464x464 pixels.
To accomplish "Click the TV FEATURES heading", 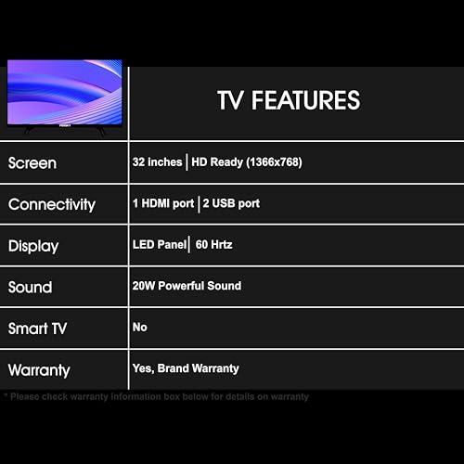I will point(289,100).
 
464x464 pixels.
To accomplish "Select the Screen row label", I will point(32,163).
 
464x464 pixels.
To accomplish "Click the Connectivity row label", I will point(52,204).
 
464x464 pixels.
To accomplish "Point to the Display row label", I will point(33,246).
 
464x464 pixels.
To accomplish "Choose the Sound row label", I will point(30,288).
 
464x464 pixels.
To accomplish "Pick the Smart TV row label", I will point(37,329).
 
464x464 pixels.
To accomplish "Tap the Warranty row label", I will point(39,370).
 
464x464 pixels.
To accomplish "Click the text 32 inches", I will point(158,162).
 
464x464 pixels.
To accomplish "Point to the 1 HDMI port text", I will point(163,203).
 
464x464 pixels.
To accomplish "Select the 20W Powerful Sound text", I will point(187,286).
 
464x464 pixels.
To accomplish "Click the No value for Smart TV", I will point(140,327).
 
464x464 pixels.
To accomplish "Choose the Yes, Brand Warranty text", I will point(186,368).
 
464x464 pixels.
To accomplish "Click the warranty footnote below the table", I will point(158,397).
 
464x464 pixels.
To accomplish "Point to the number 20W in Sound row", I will point(144,286).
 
